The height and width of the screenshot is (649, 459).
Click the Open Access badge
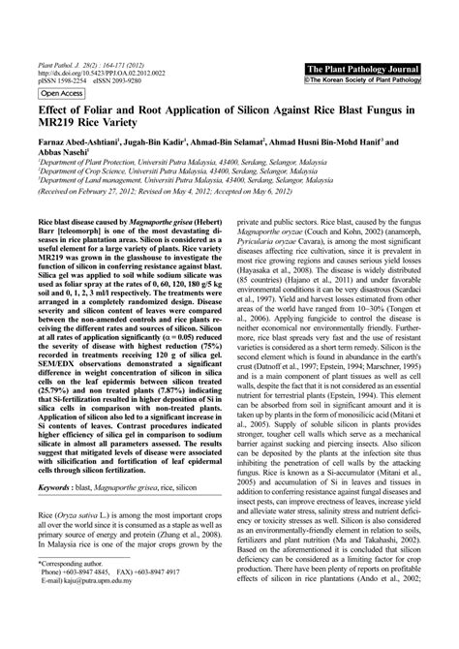60,94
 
